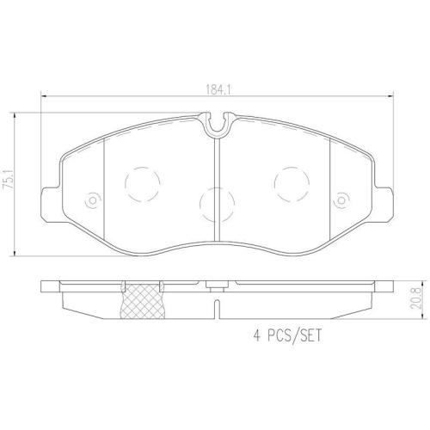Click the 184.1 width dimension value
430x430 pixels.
coord(218,90)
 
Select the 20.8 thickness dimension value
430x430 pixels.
coord(415,298)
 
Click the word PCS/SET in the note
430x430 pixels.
coord(295,335)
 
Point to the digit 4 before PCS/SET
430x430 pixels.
coord(257,335)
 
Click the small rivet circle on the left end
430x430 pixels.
coord(93,200)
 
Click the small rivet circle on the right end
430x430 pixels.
coord(341,200)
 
